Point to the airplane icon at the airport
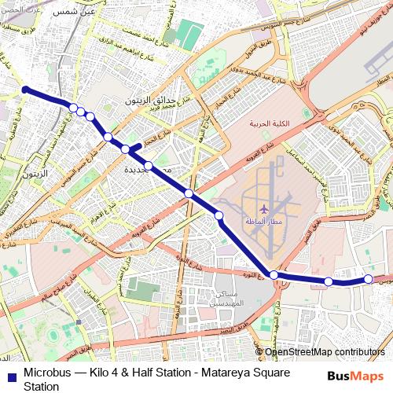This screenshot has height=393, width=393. [263, 209]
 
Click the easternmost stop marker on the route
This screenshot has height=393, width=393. [368, 279]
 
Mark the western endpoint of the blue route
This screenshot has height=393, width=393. [25, 90]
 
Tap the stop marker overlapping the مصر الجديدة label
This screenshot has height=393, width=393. [148, 165]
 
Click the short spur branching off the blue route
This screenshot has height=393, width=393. [135, 146]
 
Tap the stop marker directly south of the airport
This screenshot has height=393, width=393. [273, 274]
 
